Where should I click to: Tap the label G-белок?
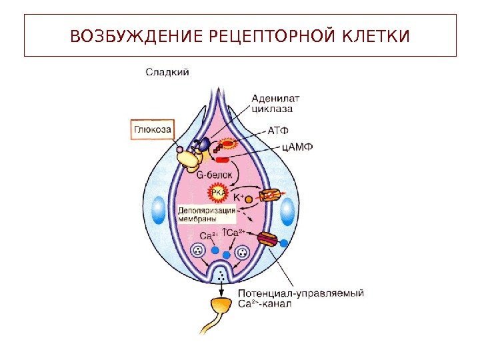(215, 174)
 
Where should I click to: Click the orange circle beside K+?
(249, 199)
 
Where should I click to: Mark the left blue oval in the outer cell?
(159, 211)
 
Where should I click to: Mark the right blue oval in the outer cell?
(287, 211)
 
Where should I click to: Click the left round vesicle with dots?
(198, 251)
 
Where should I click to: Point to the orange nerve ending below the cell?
(219, 307)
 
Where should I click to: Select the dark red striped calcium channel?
(267, 239)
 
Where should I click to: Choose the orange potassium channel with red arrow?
(270, 196)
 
